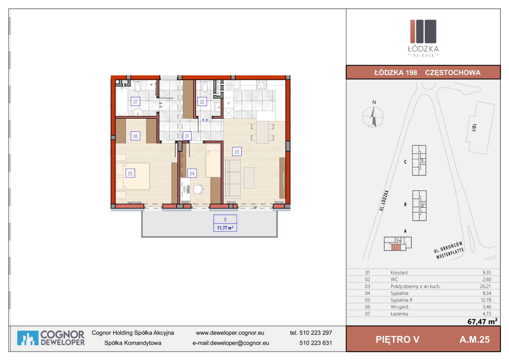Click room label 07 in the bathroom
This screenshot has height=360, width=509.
pyautogui.click(x=135, y=102)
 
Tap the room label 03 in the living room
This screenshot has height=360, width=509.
pyautogui.click(x=237, y=152)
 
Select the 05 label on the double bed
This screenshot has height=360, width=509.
pyautogui.click(x=130, y=173)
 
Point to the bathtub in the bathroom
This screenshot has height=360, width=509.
pyautogui.click(x=122, y=101)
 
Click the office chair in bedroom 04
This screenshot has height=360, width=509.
pyautogui.click(x=199, y=189)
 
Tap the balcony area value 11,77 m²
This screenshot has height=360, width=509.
pyautogui.click(x=225, y=228)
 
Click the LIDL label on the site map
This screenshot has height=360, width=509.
pyautogui.click(x=474, y=128)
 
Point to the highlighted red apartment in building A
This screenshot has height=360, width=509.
pyautogui.click(x=396, y=247)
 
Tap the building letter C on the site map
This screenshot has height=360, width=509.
pyautogui.click(x=405, y=162)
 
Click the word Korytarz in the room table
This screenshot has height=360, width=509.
pyautogui.click(x=399, y=272)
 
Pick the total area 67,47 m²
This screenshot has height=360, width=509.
pyautogui.click(x=482, y=321)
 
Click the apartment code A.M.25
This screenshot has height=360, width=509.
pyautogui.click(x=474, y=340)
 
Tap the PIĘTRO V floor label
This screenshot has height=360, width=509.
pyautogui.click(x=397, y=339)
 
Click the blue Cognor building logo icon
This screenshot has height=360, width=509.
pyautogui.click(x=28, y=338)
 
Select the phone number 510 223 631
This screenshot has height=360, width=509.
pyautogui.click(x=315, y=343)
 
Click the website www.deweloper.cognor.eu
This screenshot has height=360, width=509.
pyautogui.click(x=230, y=333)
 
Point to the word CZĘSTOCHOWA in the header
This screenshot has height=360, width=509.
pyautogui.click(x=453, y=73)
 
